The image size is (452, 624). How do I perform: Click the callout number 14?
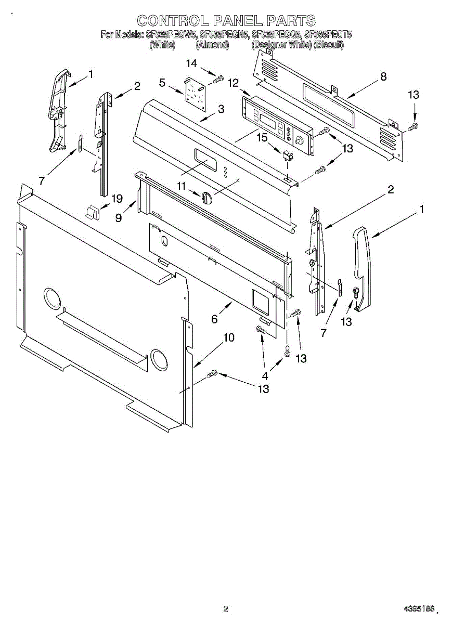192,63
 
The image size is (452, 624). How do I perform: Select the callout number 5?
162,83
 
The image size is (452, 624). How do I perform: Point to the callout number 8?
383,76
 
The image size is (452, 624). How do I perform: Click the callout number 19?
117,198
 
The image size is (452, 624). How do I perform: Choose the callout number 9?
119,218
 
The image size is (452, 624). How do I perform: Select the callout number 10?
228,337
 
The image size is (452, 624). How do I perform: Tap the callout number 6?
214,319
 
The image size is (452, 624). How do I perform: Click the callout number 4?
265,375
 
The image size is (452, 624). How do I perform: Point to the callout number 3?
221,109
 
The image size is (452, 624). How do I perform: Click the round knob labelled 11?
206,198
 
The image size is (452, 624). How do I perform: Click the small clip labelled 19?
93,212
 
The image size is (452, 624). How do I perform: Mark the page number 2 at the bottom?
226,608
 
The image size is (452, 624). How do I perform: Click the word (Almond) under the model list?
212,45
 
